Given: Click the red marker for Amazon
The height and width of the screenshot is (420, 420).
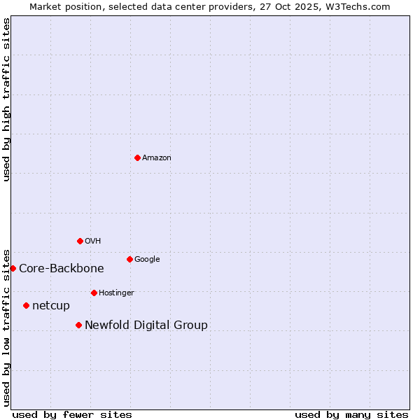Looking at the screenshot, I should click(x=137, y=157).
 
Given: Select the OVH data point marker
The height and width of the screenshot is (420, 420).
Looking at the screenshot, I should click(x=80, y=241).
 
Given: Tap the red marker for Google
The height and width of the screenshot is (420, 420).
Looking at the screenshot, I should click(x=129, y=259).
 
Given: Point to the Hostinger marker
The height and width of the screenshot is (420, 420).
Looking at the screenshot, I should click(x=94, y=293).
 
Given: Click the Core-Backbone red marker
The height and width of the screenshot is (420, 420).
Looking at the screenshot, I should click(x=13, y=268).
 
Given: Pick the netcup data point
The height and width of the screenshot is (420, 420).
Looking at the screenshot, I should click(x=26, y=305).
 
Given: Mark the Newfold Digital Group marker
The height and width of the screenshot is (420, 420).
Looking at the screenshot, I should click(x=78, y=325).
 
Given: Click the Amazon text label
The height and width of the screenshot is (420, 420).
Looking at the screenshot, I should click(x=157, y=158).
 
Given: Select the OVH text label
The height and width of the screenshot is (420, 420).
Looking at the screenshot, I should click(x=93, y=241).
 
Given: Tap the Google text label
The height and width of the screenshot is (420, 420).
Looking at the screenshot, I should click(x=147, y=260).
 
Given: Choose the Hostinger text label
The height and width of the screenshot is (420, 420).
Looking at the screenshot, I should click(x=116, y=293).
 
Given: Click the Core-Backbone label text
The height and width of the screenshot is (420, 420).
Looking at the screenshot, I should click(x=62, y=269).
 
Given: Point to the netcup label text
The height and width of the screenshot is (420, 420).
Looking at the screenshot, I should click(x=51, y=306).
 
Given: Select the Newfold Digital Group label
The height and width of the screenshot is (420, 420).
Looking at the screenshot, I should click(x=146, y=325).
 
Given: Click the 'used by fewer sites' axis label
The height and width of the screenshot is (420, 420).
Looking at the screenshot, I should click(x=72, y=415).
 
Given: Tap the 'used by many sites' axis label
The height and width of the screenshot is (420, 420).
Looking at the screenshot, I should click(x=351, y=415).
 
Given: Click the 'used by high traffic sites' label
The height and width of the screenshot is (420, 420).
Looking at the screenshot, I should click(x=7, y=99).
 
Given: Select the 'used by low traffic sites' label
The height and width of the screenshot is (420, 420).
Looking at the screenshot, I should click(x=7, y=327).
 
